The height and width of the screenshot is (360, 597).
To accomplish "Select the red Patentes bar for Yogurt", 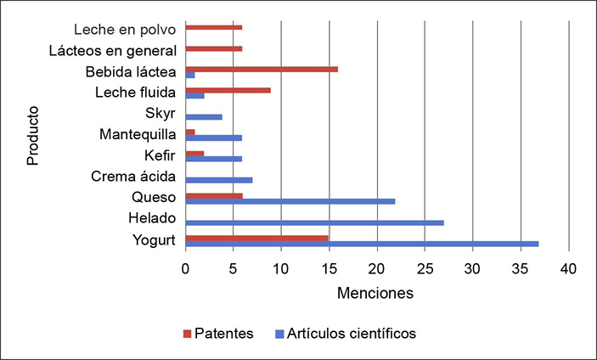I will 256,238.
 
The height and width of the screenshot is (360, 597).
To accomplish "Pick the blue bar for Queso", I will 290,201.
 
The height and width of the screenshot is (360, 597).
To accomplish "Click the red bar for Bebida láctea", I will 262,69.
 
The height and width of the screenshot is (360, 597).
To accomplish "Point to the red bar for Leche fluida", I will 228,90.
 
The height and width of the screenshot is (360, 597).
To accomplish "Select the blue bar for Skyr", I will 204,116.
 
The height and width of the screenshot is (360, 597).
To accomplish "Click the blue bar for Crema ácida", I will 218,180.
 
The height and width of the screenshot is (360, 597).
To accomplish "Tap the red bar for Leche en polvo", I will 214,27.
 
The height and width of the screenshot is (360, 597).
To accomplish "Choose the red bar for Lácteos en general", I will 214,48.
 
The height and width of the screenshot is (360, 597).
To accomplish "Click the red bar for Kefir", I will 194,154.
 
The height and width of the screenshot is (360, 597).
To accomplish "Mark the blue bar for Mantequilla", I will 214,138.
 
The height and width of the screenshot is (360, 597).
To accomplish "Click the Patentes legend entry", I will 219,333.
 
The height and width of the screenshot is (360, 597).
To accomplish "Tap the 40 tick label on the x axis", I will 569,268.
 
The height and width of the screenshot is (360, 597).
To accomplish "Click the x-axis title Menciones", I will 375,294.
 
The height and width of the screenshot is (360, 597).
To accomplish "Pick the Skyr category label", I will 161,114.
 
